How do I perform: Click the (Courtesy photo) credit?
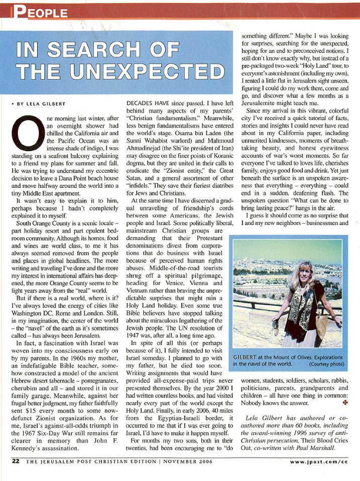(x=327, y=364)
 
